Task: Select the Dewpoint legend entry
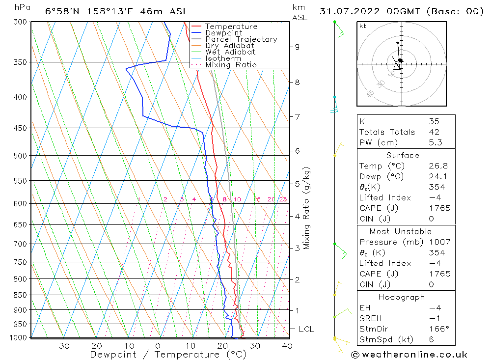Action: tap(223, 33)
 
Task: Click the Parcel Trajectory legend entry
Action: tap(241, 39)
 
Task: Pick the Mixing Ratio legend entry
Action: tap(231, 65)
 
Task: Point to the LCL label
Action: tap(306, 329)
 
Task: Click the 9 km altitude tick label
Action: tap(297, 47)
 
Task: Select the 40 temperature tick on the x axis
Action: tap(287, 346)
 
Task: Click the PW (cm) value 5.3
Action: tap(435, 142)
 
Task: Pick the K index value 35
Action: tap(434, 121)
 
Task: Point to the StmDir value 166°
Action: tap(436, 329)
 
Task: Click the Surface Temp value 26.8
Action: tap(438, 166)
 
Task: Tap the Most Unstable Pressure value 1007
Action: tap(439, 242)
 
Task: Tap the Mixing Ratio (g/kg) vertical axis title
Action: tap(307, 208)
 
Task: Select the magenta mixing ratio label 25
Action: tap(283, 199)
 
